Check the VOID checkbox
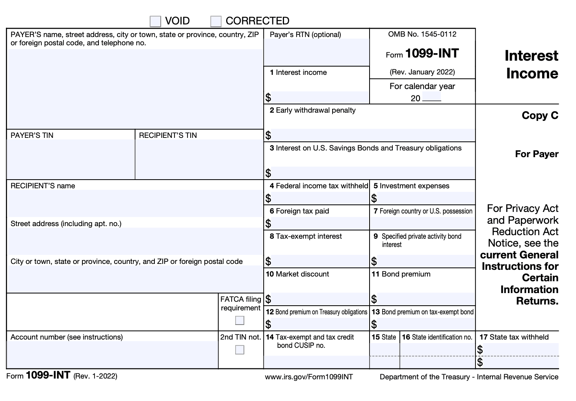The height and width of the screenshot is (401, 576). click(155, 21)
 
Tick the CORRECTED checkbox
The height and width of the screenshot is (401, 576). click(216, 21)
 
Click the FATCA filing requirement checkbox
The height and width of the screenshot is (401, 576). click(240, 320)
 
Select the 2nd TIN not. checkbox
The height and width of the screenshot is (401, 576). click(240, 350)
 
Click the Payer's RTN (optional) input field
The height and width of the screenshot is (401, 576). click(316, 52)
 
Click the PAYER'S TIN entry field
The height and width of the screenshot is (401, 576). click(71, 159)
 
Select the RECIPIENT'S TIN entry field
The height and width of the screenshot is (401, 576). click(199, 159)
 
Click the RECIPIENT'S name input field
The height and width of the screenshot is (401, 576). click(135, 203)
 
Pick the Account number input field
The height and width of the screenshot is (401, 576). click(112, 355)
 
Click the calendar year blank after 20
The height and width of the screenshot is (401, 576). click(431, 98)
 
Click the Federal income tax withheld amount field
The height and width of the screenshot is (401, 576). click(319, 198)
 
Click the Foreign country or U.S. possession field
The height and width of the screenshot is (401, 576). click(422, 223)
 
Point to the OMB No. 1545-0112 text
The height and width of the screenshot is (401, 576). click(422, 34)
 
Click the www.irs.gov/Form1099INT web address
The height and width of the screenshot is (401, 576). click(309, 377)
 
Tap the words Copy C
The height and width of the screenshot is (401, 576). click(540, 115)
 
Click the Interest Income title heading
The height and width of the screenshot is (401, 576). click(531, 65)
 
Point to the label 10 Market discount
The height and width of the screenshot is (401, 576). click(297, 274)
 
